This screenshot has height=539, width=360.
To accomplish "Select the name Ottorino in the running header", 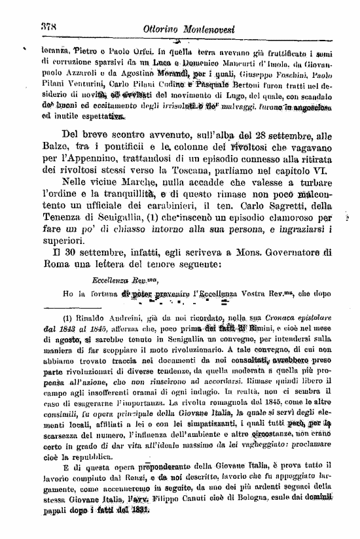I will coord(168,31).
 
